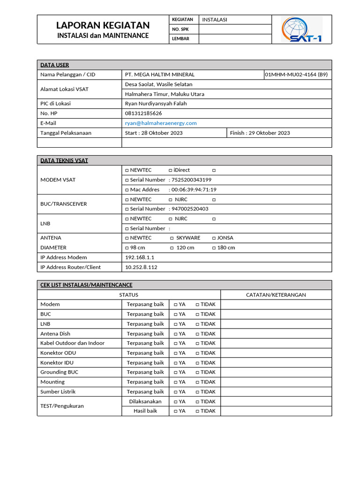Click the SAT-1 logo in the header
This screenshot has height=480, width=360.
[x=302, y=30]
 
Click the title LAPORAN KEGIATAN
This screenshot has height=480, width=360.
[x=103, y=25]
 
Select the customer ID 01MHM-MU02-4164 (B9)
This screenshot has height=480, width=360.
[x=296, y=75]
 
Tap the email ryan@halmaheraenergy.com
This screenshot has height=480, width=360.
[x=161, y=123]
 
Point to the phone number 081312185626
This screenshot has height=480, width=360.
[x=143, y=113]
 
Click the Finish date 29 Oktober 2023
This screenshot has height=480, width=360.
[x=260, y=133]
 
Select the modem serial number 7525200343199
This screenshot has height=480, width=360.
[x=191, y=180]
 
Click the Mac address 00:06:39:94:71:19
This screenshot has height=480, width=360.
[x=194, y=190]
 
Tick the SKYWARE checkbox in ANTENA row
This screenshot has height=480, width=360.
[x=172, y=238]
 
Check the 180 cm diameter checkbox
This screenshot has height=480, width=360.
[x=214, y=248]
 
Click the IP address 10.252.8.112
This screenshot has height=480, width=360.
[x=141, y=267]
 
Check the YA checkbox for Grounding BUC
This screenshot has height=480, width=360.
[x=176, y=372]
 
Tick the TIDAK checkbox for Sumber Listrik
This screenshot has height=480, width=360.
[x=197, y=392]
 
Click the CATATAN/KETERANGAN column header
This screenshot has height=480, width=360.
[x=276, y=295]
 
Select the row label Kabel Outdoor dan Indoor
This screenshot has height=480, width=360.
[x=72, y=343]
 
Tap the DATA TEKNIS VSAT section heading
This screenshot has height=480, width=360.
[x=64, y=160]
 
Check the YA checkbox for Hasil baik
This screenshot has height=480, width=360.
[x=176, y=411]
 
